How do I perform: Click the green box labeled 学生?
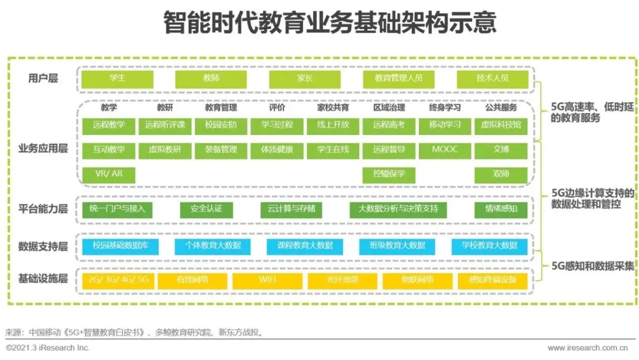tap(117, 79)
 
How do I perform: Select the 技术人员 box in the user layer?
tap(492, 79)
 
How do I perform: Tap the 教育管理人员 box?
tap(398, 79)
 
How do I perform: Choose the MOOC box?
tap(445, 150)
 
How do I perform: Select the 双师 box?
tap(501, 175)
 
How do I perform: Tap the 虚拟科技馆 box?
tap(501, 126)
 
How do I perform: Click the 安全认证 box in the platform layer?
tap(206, 210)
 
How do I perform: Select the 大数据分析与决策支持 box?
tap(398, 210)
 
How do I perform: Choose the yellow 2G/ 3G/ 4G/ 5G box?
tap(117, 280)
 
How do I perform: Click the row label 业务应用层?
tap(43, 149)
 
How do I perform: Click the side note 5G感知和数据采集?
tap(592, 265)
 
